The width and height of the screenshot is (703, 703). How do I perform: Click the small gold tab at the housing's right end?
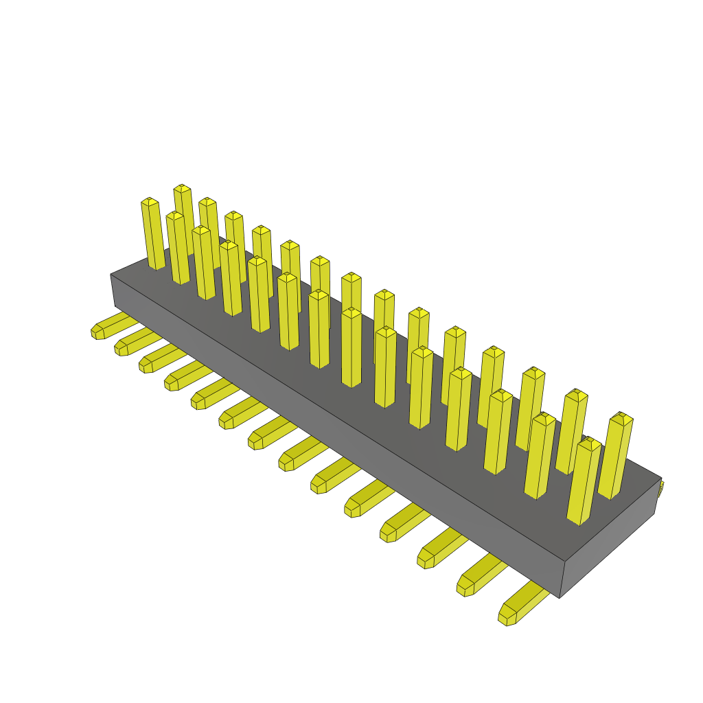tap(661, 489)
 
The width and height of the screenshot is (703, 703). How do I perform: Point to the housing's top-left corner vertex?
tap(111, 275)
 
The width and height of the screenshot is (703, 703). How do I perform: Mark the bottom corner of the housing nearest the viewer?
tap(560, 597)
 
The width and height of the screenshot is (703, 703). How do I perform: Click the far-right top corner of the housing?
tap(661, 479)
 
